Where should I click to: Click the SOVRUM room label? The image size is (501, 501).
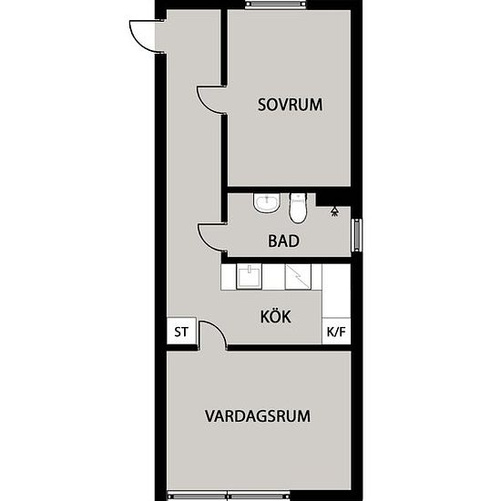click(x=290, y=105)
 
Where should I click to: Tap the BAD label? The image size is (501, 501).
click(x=283, y=240)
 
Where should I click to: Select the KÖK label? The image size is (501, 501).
click(x=275, y=316)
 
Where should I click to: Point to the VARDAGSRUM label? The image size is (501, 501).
click(x=258, y=416)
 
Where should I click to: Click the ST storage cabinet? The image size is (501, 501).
click(x=181, y=332)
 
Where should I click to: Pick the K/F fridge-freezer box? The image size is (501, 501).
click(x=336, y=332)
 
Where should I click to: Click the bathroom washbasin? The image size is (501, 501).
click(x=267, y=202)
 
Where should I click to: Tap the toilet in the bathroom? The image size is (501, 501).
click(x=298, y=207)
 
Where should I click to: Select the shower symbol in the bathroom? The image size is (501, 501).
click(x=334, y=212)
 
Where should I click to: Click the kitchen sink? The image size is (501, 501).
click(x=249, y=277)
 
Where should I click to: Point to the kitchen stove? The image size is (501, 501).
click(x=298, y=277)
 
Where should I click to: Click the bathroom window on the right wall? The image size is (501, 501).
click(x=356, y=235)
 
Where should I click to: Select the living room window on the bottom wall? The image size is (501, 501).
click(x=229, y=496)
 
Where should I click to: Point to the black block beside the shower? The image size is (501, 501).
click(x=333, y=199)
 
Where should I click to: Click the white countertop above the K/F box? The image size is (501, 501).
click(x=336, y=291)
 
